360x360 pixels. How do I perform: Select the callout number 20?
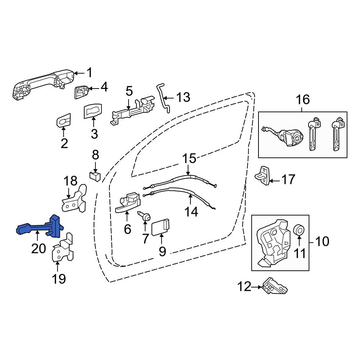point(39,248)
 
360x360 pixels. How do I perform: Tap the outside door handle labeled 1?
point(42,84)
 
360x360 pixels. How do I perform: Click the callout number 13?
point(183,97)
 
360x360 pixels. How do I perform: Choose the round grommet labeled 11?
point(299,230)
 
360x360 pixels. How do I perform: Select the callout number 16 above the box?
point(303,100)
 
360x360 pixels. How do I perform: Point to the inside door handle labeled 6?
point(128,202)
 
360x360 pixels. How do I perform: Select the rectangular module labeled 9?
point(161,227)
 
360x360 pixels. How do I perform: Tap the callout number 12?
point(244,287)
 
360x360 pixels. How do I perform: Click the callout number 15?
point(190,158)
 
